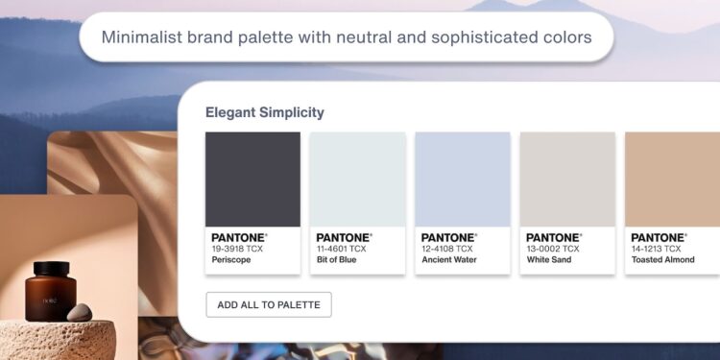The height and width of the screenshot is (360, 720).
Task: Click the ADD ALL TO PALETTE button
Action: click(269, 304)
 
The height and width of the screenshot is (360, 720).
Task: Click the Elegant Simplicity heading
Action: click(265, 112)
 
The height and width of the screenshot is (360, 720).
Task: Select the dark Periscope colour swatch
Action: click(252, 179)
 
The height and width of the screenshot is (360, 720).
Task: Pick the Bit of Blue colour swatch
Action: click(357, 179)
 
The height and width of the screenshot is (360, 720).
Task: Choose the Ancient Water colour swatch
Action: click(463, 179)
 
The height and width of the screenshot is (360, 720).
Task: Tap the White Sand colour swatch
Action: click(567, 179)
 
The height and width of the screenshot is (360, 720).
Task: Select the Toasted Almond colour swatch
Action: click(672, 179)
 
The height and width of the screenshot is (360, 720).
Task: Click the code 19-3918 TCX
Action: click(237, 249)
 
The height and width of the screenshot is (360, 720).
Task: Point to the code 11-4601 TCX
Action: click(341, 249)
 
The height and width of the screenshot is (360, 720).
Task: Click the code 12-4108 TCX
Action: click(446, 249)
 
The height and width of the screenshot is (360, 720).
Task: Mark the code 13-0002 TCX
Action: click(552, 249)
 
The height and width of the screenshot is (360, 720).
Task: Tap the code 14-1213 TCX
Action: click(657, 249)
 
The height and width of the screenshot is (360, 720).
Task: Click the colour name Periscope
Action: click(231, 260)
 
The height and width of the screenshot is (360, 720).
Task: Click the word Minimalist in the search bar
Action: click(140, 37)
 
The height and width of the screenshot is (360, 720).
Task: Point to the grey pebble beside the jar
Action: click(81, 312)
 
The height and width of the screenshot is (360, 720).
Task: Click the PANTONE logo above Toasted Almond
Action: click(659, 237)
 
